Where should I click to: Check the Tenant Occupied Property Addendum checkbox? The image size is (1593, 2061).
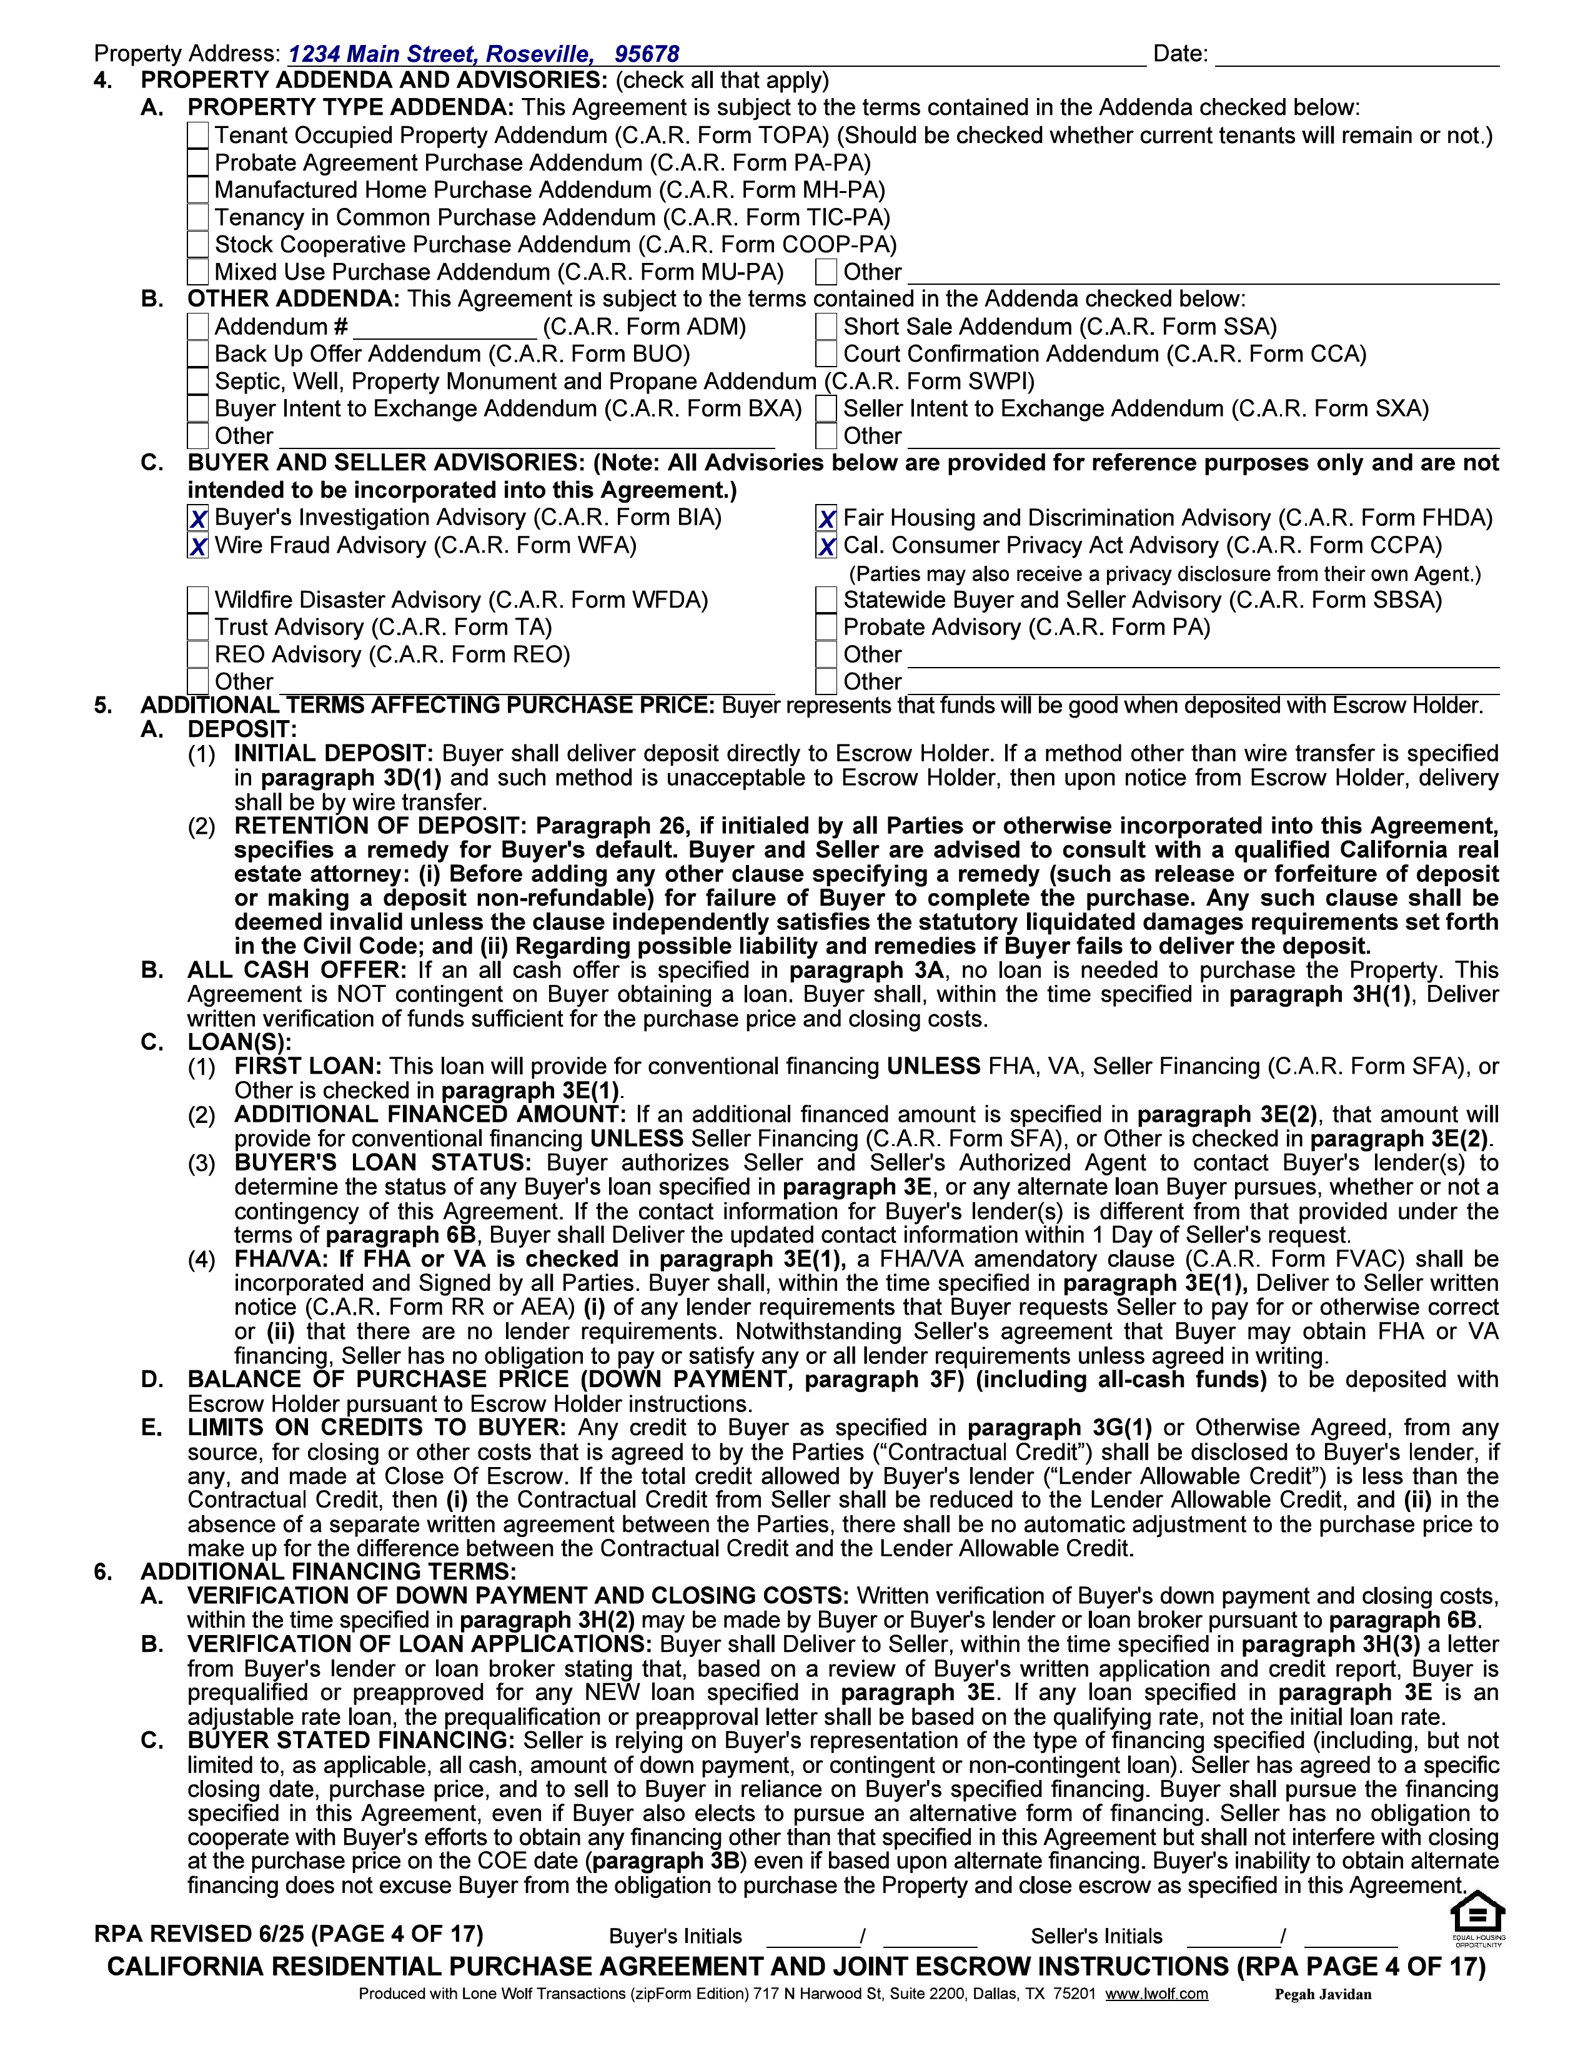pos(197,136)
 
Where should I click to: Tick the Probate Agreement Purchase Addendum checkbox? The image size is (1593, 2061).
pos(197,163)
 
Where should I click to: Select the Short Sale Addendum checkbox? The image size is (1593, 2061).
pos(826,327)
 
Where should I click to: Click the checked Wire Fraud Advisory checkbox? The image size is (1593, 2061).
pos(197,546)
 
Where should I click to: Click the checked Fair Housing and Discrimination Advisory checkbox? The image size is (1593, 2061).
pos(826,519)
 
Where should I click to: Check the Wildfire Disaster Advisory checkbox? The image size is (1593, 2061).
pos(197,600)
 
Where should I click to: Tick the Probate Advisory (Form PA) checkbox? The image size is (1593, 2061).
pos(826,628)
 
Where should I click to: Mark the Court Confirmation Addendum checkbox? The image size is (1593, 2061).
pos(826,354)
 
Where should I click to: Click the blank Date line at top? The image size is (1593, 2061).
pos(1356,55)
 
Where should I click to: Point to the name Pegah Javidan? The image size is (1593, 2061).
pos(1322,1994)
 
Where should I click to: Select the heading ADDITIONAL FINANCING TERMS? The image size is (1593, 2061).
pos(329,1571)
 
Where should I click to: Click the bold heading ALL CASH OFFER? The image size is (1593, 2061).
pos(296,970)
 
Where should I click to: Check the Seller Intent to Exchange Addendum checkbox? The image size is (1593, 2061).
pos(826,408)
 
